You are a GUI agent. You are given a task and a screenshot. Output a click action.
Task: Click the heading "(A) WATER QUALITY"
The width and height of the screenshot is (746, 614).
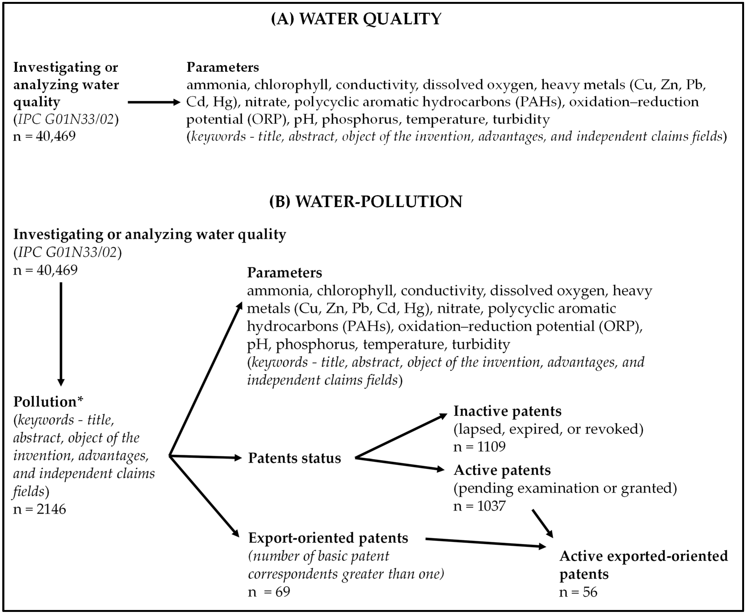pos(356,19)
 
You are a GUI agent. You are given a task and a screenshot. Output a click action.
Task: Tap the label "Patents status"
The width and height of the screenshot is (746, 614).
pos(294,458)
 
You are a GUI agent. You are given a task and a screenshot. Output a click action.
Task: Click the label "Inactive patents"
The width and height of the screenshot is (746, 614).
pos(507,411)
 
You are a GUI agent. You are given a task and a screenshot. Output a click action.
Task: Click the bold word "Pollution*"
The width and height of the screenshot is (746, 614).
pos(48,402)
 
